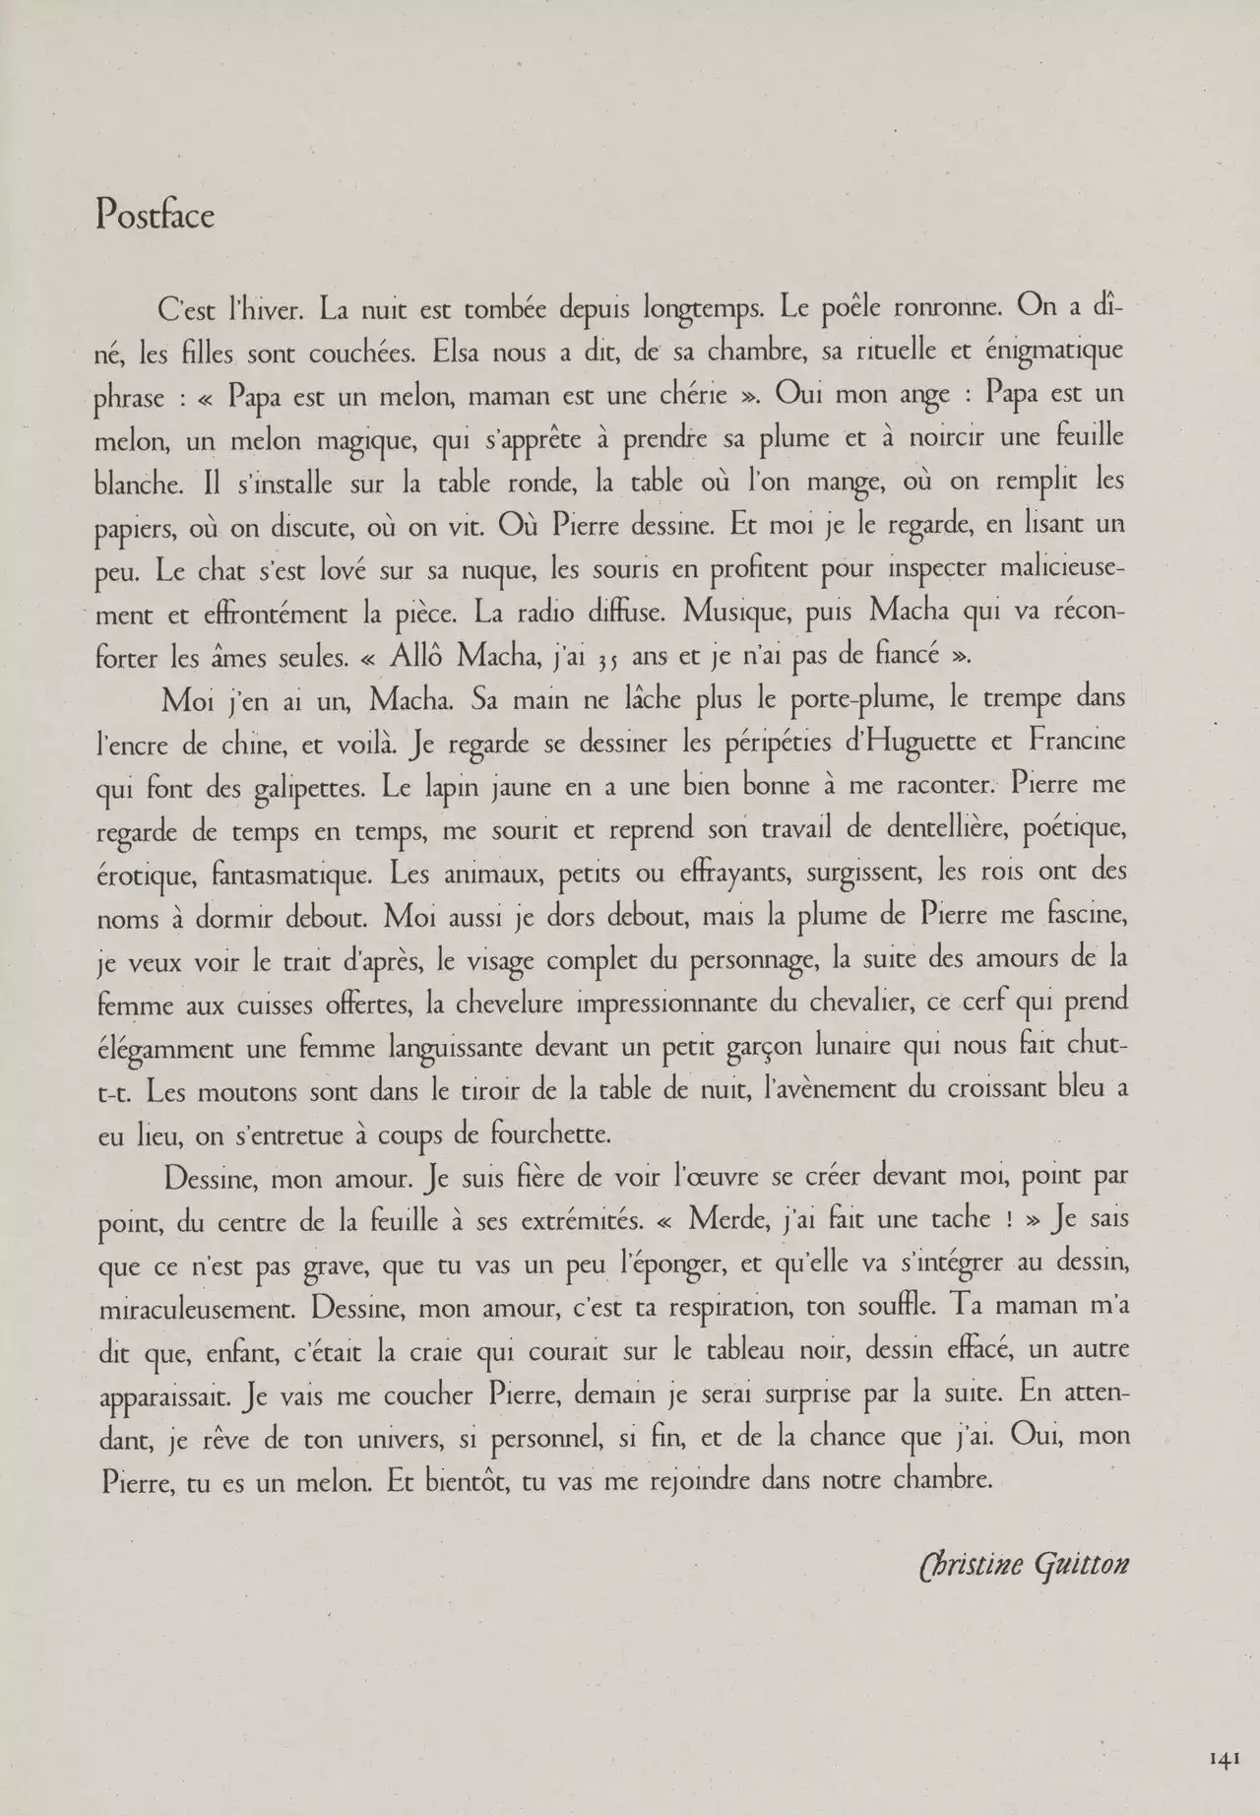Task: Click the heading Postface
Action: point(155,215)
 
